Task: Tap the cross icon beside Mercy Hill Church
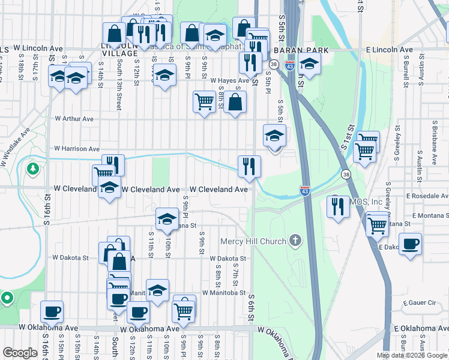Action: (x=294, y=241)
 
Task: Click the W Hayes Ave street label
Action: (x=229, y=80)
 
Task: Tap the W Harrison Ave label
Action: (x=76, y=148)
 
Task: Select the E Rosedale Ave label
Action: (x=427, y=196)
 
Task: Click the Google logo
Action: (x=20, y=353)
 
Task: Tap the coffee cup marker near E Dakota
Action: (x=410, y=244)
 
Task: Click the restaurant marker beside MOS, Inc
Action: (x=338, y=206)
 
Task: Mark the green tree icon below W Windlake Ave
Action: (x=32, y=169)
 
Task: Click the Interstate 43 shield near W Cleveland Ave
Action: (x=305, y=191)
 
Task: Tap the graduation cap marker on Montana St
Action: (x=167, y=218)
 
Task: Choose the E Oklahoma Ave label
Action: (x=421, y=329)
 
